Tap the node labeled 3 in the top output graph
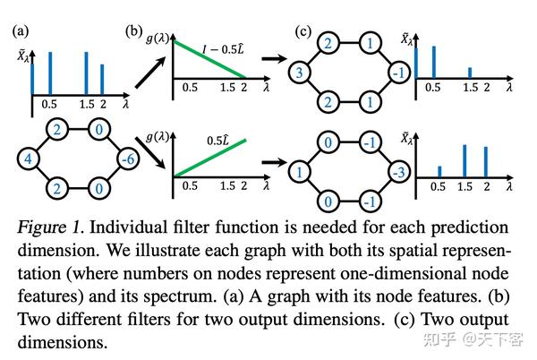click(x=302, y=71)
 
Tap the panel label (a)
click(x=20, y=32)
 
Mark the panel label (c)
click(x=304, y=32)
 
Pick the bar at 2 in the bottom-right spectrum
click(x=484, y=161)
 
